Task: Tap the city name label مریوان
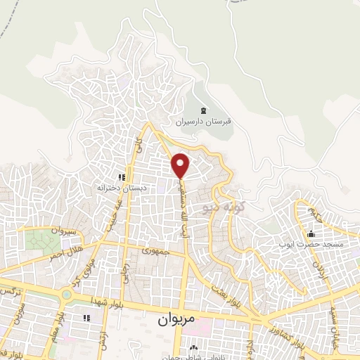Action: [x=171, y=318]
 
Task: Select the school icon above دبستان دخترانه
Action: [x=121, y=178]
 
